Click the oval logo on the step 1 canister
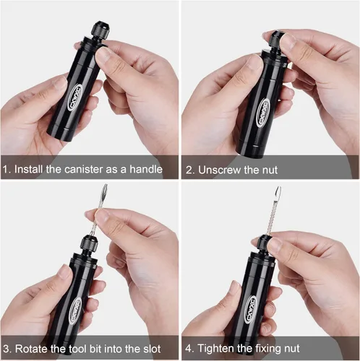tap(76, 97)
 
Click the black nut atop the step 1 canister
tap(98, 32)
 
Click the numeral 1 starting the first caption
tap(6, 171)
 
